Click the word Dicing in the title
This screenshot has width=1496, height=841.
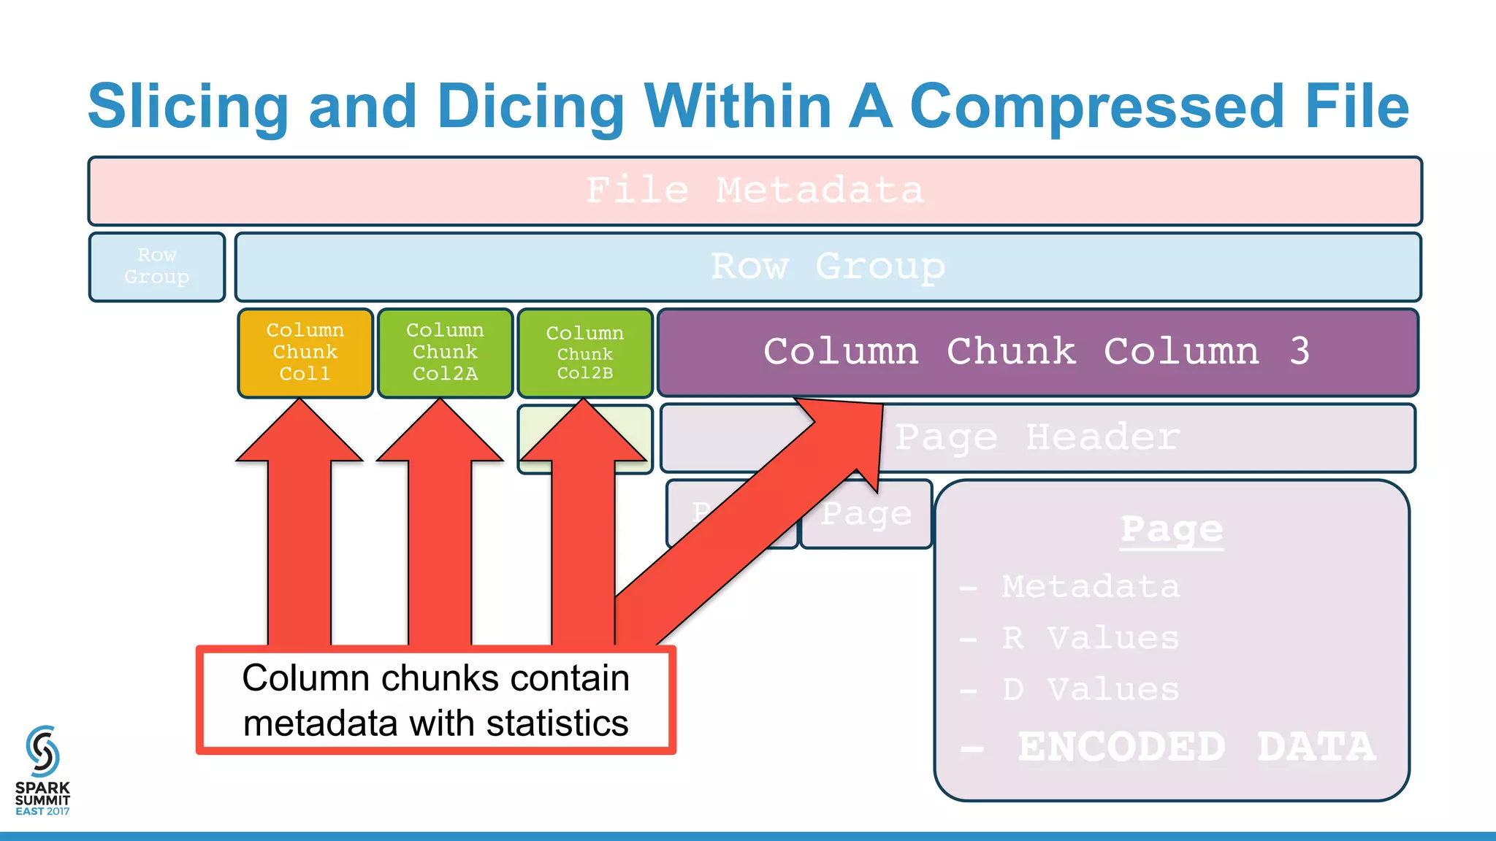point(530,107)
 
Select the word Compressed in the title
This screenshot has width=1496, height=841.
point(1096,107)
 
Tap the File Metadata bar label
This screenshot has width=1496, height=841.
point(755,191)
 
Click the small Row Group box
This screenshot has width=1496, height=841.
point(157,266)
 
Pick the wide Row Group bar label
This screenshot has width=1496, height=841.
point(828,266)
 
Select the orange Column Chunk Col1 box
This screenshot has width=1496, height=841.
point(305,353)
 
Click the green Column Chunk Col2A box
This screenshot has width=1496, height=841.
point(445,353)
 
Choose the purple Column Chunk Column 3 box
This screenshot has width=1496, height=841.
point(1037,352)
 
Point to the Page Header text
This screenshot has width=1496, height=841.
point(1037,438)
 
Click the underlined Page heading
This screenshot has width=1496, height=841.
point(1172,530)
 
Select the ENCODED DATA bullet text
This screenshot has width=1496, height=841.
point(1196,747)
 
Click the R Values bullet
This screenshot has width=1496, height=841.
point(1090,639)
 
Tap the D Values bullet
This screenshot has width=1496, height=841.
point(1090,690)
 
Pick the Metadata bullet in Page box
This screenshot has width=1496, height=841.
point(1090,587)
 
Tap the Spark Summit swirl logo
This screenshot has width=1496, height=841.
point(42,751)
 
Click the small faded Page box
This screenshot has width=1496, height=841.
point(866,515)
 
